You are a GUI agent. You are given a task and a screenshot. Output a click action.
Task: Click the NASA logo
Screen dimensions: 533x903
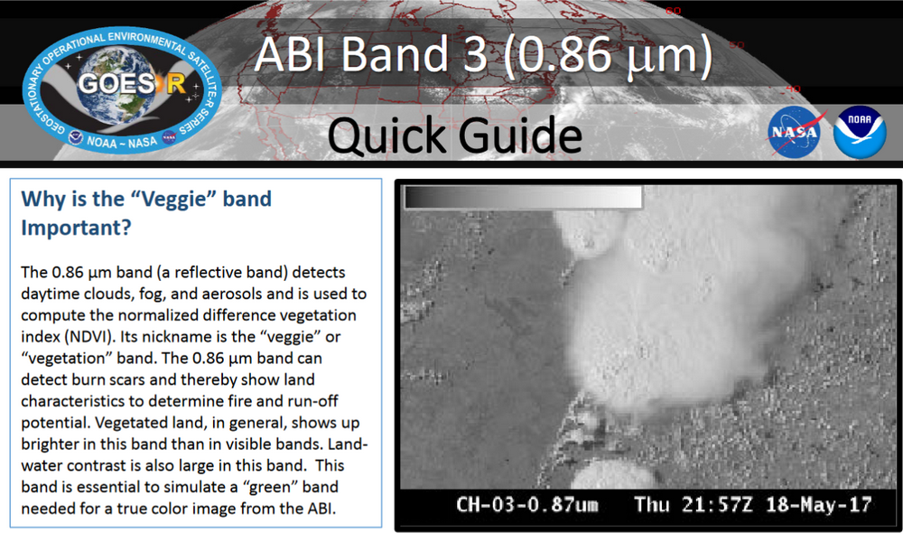pyautogui.click(x=796, y=130)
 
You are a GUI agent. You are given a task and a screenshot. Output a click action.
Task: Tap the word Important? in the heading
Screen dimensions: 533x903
pyautogui.click(x=78, y=229)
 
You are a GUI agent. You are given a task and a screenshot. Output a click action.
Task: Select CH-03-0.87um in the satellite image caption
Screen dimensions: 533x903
pyautogui.click(x=527, y=504)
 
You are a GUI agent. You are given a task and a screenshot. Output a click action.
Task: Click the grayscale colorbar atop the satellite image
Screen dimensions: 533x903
pyautogui.click(x=523, y=197)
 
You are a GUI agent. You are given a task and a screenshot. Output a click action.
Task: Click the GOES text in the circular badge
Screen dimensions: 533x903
pyautogui.click(x=106, y=84)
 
